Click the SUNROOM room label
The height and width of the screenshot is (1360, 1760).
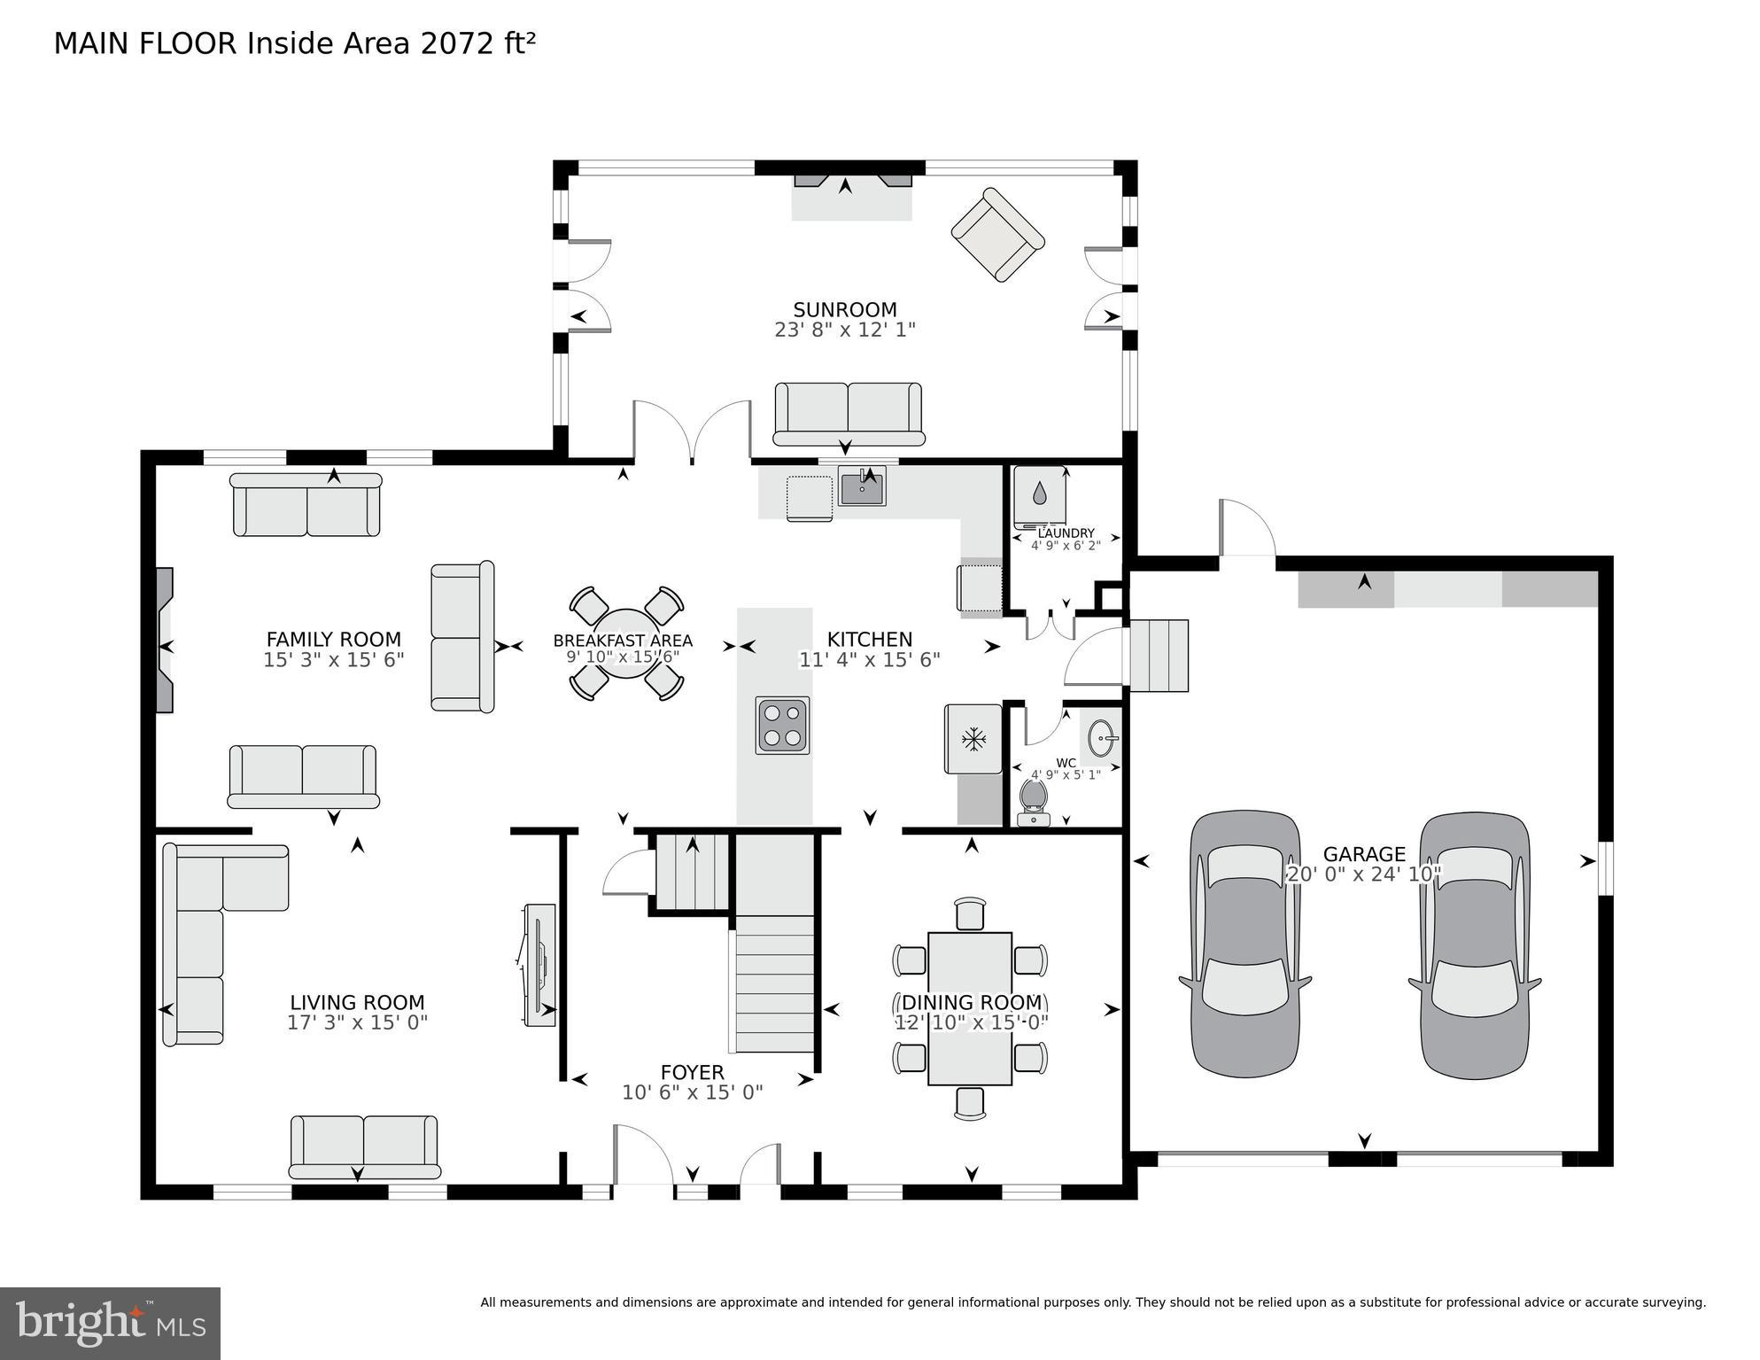[844, 309]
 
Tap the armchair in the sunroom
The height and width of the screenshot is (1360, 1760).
[997, 235]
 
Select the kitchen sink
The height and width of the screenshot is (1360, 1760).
[862, 487]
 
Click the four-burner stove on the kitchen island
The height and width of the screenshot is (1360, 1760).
[782, 726]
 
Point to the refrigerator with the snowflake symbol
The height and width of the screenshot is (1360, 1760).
[973, 738]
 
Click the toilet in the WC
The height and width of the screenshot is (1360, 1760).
[1033, 803]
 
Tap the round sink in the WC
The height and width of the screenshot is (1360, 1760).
[1103, 737]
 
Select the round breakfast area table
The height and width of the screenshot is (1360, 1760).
[626, 643]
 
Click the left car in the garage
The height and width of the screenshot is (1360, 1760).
[1244, 944]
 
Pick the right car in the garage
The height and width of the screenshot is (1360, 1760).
[1475, 945]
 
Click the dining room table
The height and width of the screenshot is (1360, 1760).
[970, 1008]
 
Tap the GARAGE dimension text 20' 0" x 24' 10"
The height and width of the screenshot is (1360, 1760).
[1364, 874]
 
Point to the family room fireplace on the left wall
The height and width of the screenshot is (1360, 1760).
[165, 640]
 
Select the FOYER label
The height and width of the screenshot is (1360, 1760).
[692, 1072]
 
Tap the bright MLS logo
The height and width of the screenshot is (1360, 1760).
[110, 1323]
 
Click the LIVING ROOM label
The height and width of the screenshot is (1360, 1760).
[357, 1002]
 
